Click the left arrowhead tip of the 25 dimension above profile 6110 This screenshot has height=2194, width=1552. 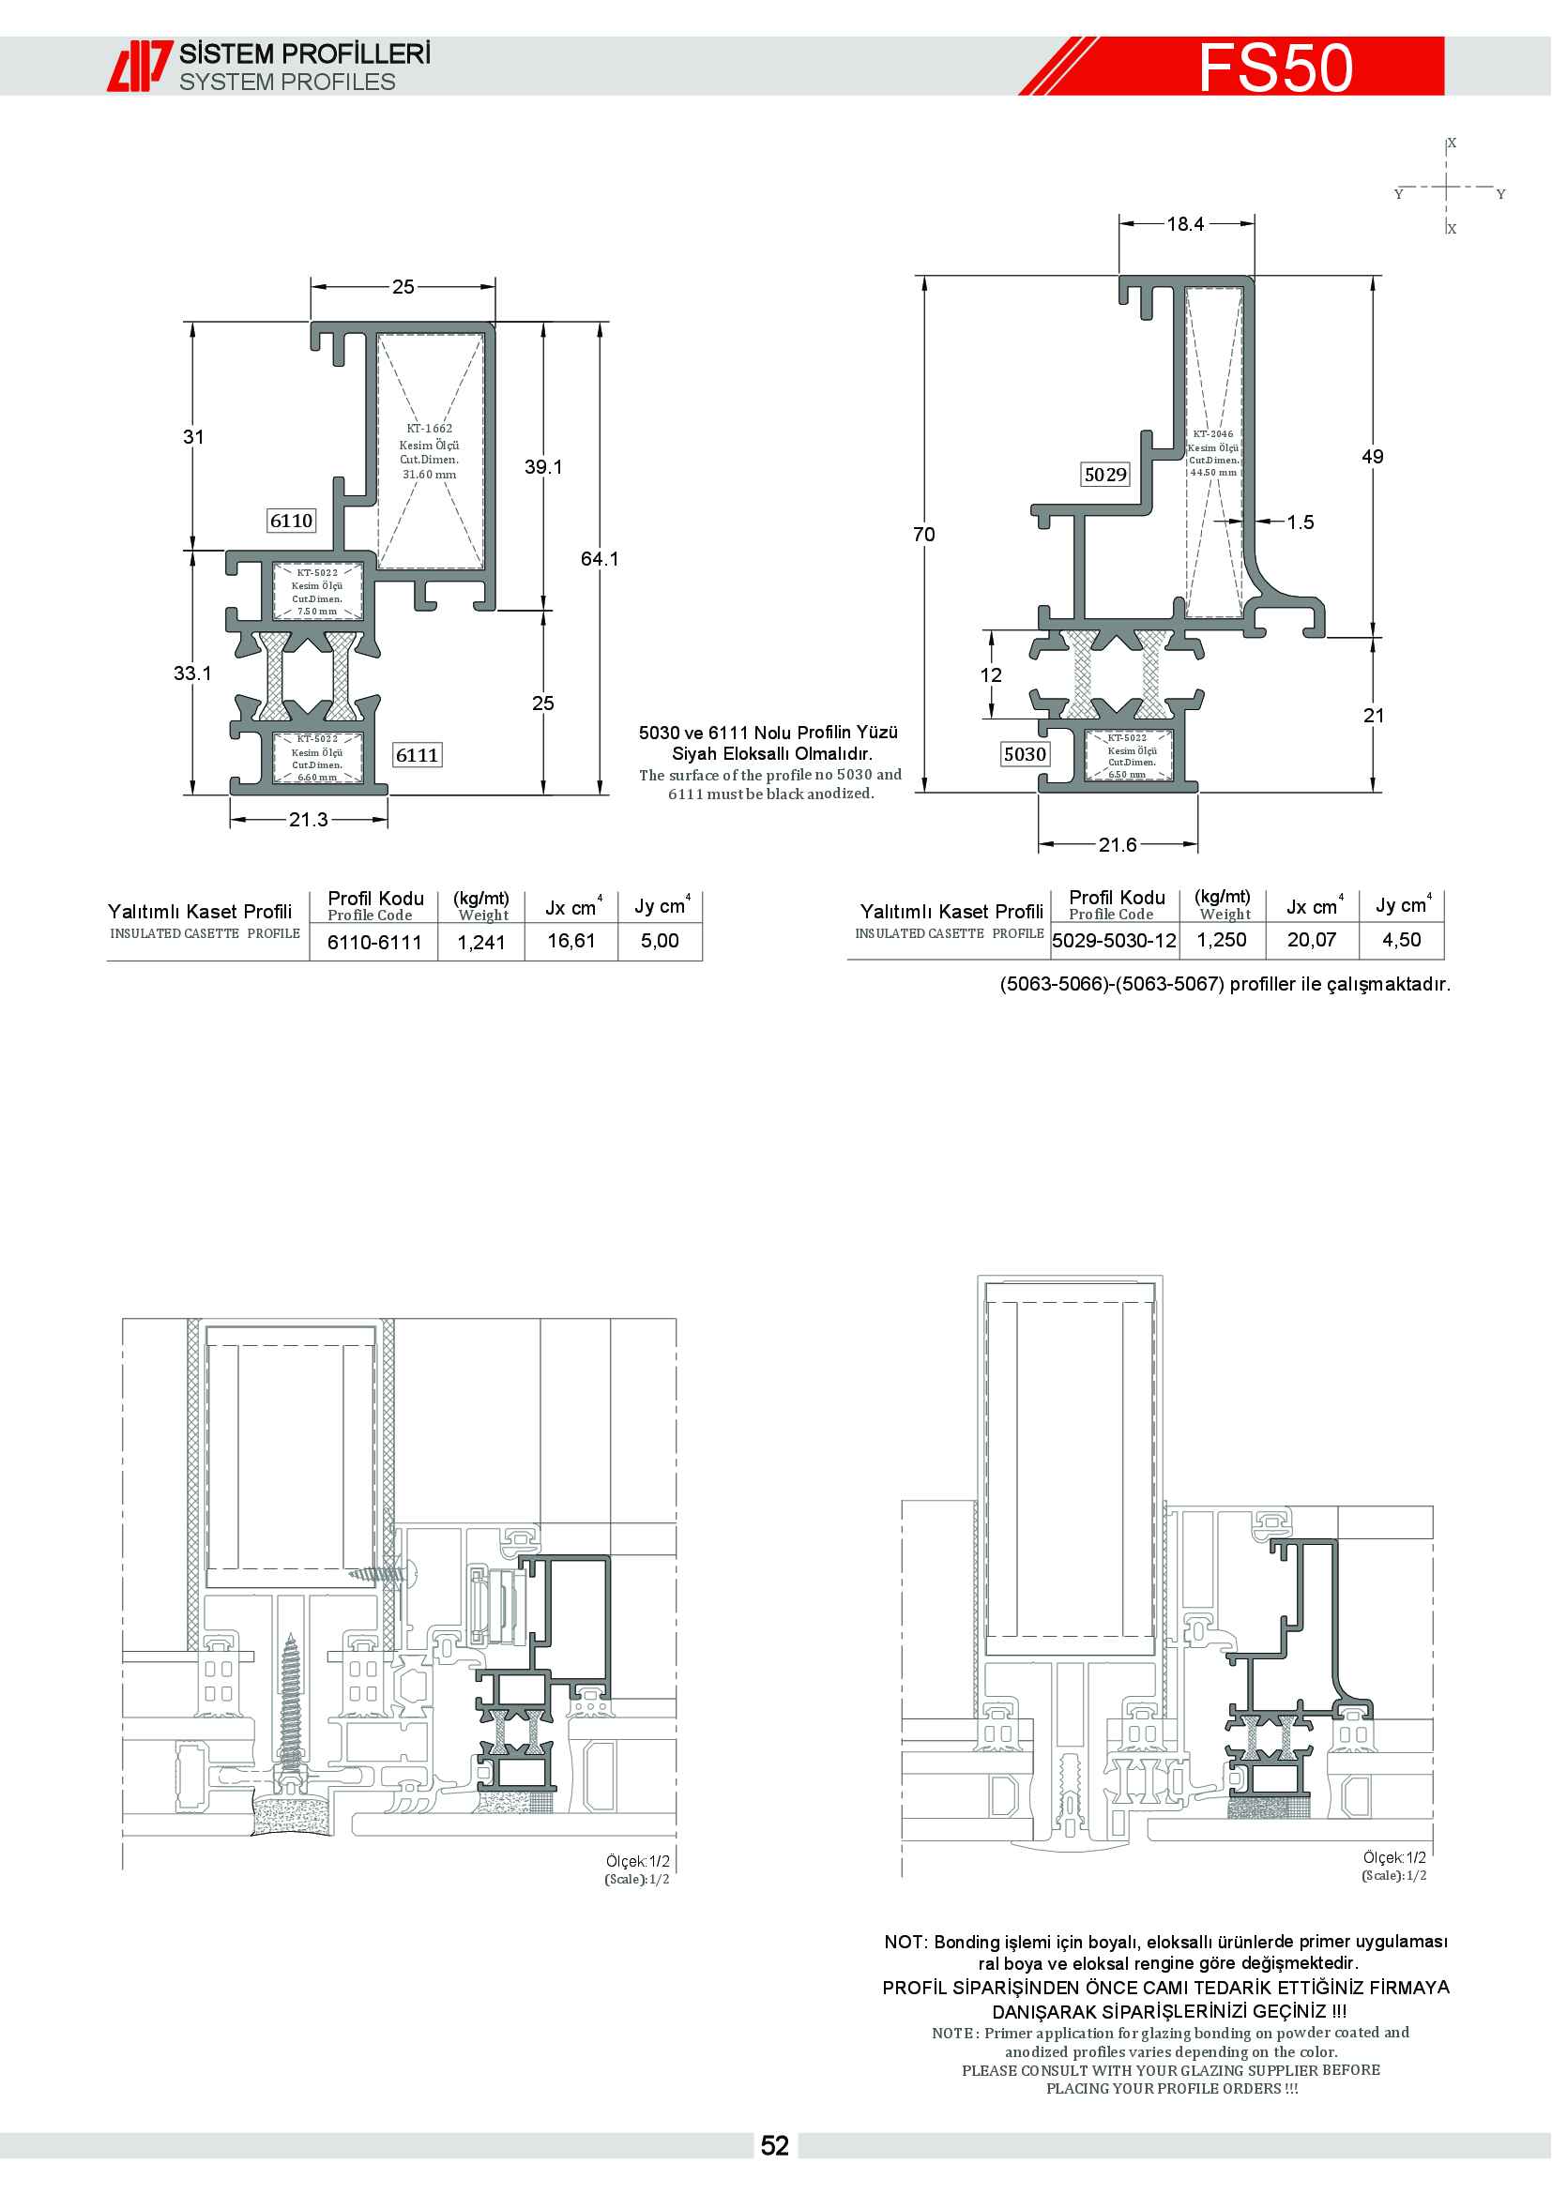(312, 287)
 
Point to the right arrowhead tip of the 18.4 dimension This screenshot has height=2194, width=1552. (1254, 223)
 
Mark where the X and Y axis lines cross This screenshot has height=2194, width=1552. (1447, 187)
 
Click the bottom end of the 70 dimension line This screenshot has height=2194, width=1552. (924, 793)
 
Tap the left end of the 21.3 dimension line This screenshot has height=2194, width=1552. (230, 820)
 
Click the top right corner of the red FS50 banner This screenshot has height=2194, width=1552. (1444, 38)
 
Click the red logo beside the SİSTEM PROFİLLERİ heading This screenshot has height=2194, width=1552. (141, 66)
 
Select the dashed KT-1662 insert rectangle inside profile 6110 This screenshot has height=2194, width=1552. (430, 451)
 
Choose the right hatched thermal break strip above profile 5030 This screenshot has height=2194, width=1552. (1151, 673)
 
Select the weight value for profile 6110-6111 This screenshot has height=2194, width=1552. (481, 942)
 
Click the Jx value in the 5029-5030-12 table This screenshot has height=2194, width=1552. (1311, 939)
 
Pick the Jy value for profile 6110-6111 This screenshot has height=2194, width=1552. (660, 940)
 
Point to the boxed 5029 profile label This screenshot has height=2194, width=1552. (1105, 474)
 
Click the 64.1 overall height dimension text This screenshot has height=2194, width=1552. (601, 558)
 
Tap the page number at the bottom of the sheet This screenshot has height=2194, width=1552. (775, 2146)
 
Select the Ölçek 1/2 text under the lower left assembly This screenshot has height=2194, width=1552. (637, 1860)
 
